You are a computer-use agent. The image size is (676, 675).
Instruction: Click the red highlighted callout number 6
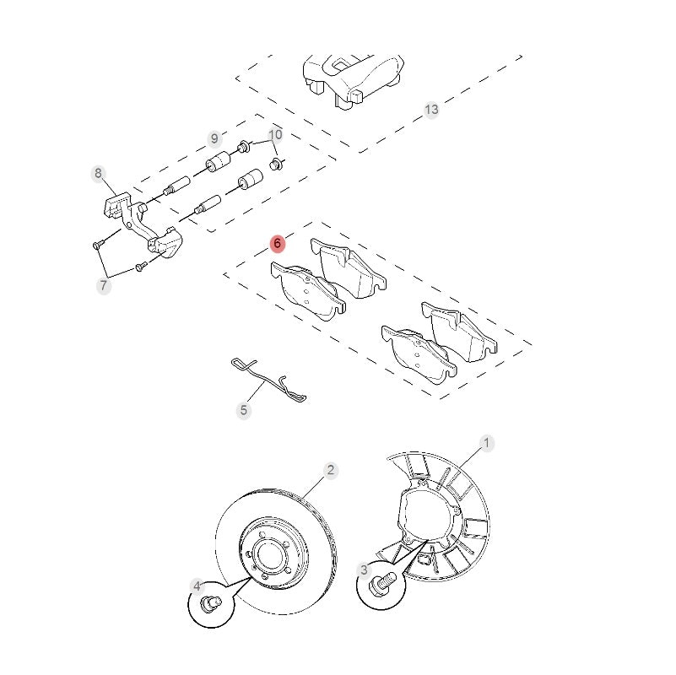click(x=278, y=244)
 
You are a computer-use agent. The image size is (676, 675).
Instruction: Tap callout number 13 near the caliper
click(x=431, y=110)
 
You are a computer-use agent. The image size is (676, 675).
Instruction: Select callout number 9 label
click(x=214, y=138)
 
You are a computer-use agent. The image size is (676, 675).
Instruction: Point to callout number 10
click(x=276, y=135)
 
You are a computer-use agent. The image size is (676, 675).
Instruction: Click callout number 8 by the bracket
click(x=98, y=174)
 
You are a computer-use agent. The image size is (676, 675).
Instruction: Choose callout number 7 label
click(x=103, y=286)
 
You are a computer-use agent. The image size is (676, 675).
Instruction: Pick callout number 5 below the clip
click(x=244, y=411)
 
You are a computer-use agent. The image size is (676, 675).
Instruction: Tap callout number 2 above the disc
click(x=331, y=470)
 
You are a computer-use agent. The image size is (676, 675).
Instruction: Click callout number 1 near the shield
click(x=486, y=442)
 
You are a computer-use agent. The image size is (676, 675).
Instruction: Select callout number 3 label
click(x=365, y=570)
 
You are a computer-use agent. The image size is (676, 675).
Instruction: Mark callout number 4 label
click(x=197, y=586)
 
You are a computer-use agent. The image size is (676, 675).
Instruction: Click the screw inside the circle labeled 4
click(x=211, y=603)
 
